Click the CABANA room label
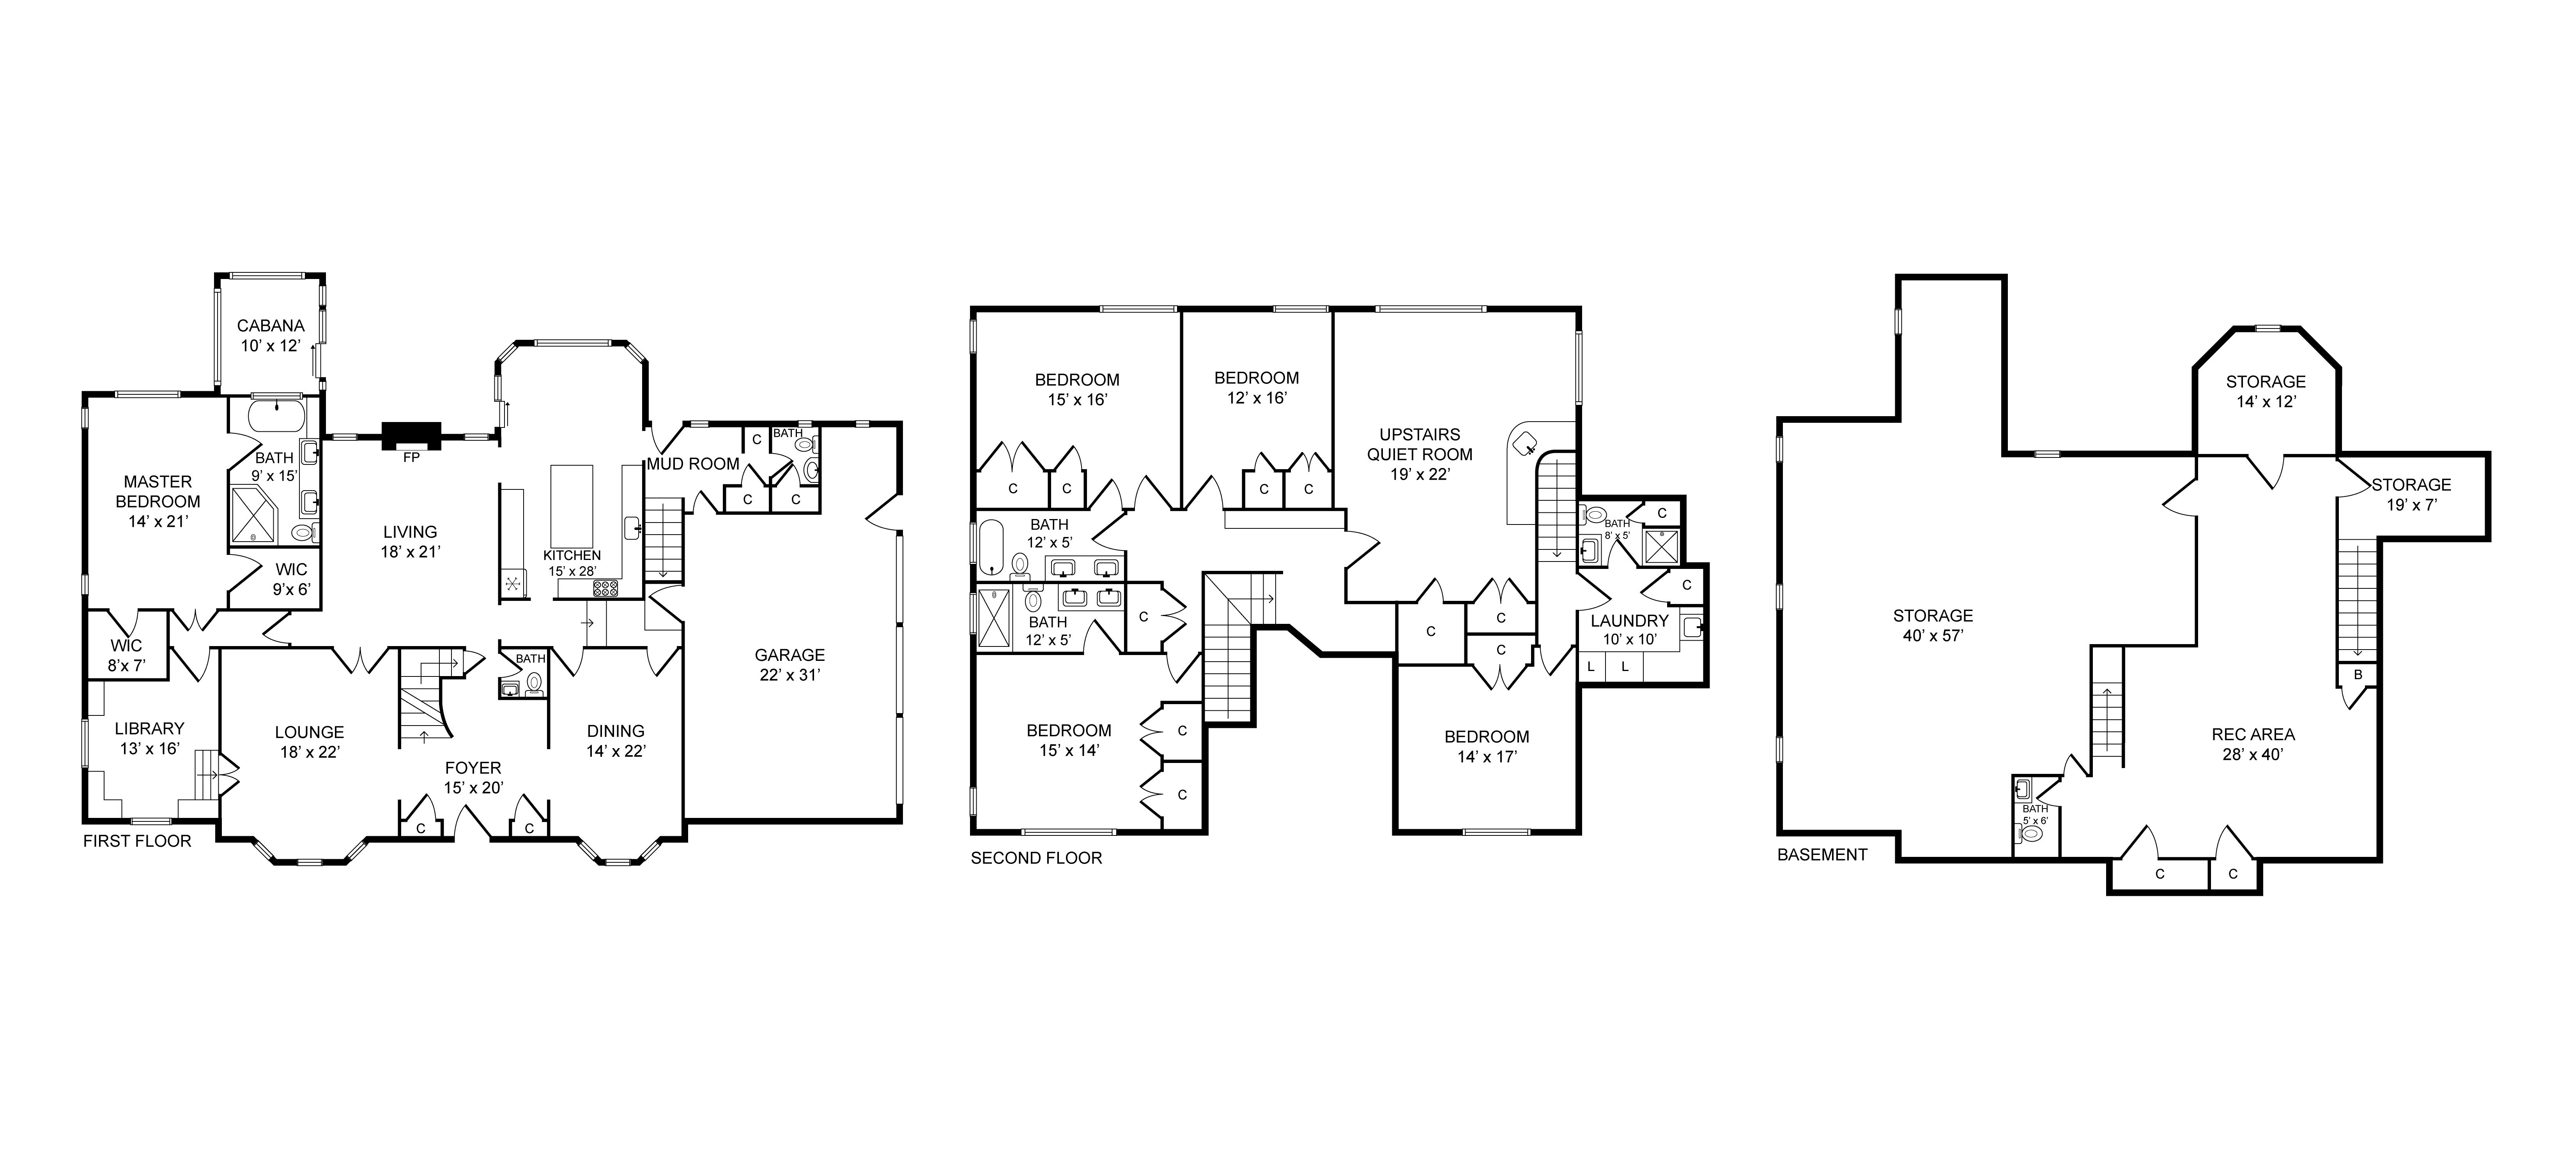pyautogui.click(x=271, y=336)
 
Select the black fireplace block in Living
pyautogui.click(x=411, y=436)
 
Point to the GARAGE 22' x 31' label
pyautogui.click(x=790, y=664)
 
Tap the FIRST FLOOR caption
pyautogui.click(x=137, y=841)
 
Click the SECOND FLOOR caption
pyautogui.click(x=1036, y=858)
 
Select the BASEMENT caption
pyautogui.click(x=1822, y=855)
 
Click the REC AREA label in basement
pyautogui.click(x=2253, y=744)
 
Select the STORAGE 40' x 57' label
pyautogui.click(x=1933, y=625)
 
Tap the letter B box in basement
pyautogui.click(x=2357, y=675)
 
